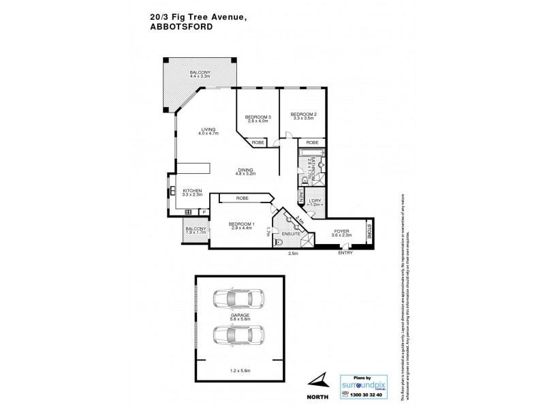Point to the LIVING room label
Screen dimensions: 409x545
point(207,130)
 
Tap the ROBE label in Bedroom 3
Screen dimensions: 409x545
point(258,142)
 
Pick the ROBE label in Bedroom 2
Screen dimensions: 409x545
point(312,142)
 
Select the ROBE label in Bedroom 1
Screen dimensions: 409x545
point(242,198)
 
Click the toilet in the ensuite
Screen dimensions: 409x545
point(278,242)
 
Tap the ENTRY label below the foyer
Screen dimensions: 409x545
point(345,254)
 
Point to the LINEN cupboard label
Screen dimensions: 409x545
point(300,197)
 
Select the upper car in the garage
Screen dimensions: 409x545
point(238,299)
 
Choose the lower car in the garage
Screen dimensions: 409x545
point(238,335)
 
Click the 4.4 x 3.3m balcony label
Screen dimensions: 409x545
point(200,75)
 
